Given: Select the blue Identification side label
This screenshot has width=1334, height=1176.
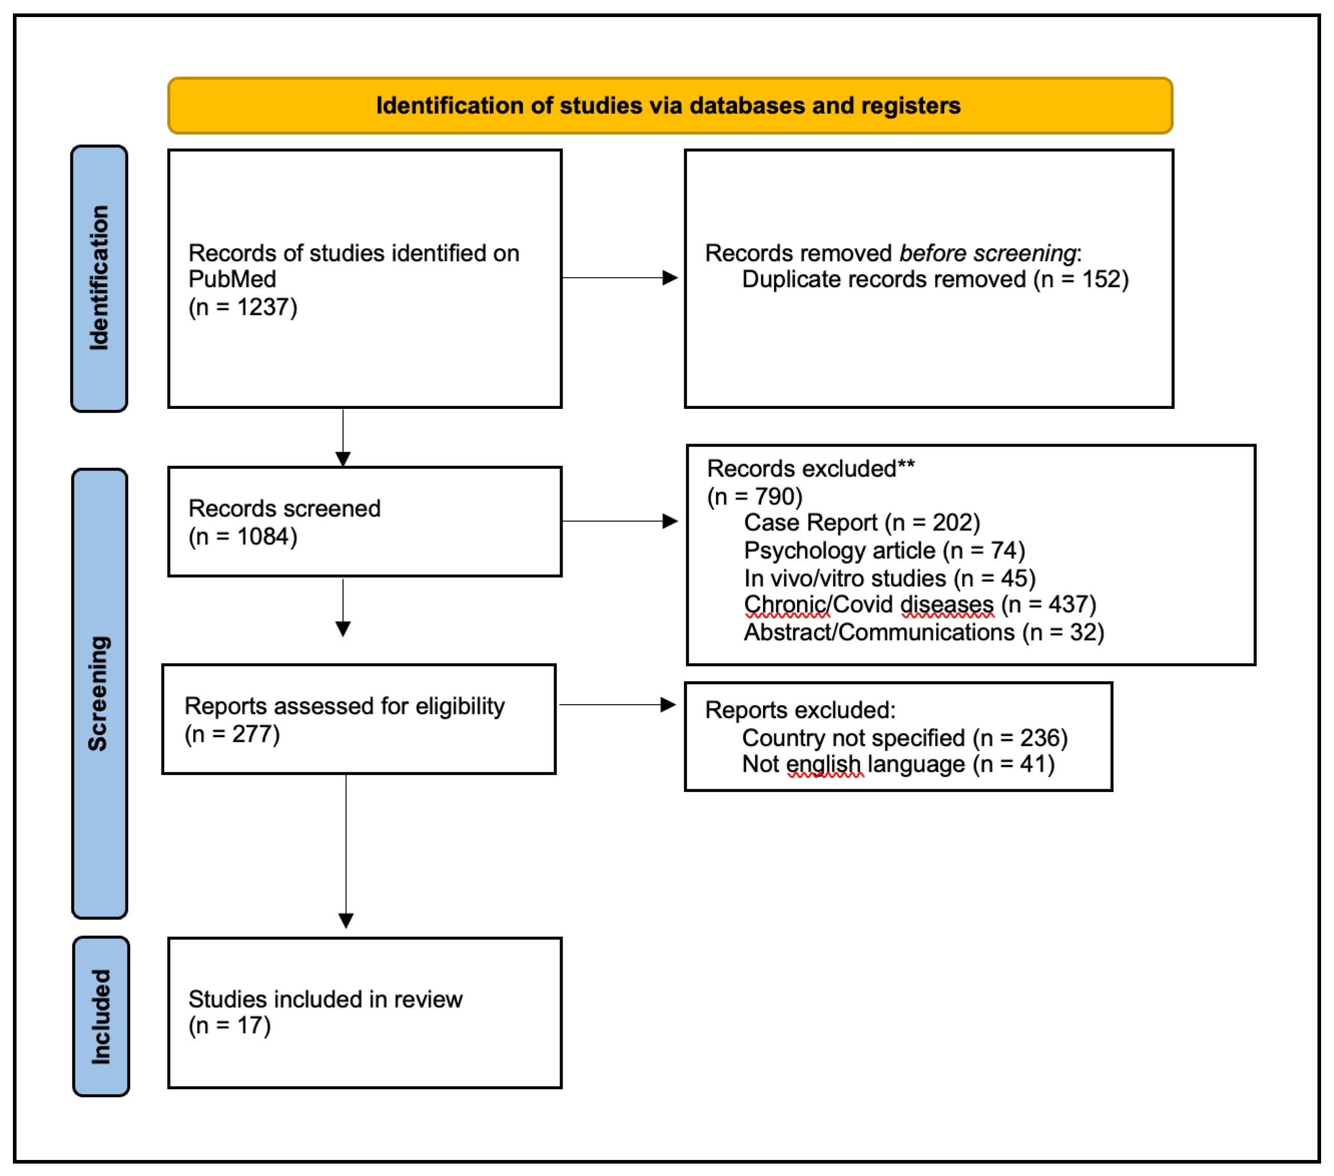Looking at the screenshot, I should (99, 278).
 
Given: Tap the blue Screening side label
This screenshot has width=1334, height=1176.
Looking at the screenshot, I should (99, 694).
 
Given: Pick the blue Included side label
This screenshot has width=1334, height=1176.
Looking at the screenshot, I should (101, 1017).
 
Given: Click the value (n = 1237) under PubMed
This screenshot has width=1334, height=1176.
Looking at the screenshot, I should (243, 307).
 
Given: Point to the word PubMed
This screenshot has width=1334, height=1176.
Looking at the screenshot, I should (232, 280).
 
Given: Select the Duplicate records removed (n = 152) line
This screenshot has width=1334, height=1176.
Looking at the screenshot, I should (935, 280).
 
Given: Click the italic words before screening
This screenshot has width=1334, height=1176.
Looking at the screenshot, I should (987, 253).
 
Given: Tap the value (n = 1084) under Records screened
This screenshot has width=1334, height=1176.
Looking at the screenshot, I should (243, 537).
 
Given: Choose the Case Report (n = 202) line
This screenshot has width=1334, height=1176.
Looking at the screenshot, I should (861, 523).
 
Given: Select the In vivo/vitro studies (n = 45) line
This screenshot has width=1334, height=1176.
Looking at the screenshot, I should (889, 578).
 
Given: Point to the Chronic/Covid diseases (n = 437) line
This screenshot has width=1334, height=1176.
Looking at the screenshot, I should (919, 605).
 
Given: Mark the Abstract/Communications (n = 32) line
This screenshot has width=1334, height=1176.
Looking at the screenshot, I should (923, 633).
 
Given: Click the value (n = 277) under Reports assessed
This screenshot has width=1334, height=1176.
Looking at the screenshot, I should (232, 735).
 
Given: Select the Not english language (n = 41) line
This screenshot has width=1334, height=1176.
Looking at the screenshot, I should (897, 765).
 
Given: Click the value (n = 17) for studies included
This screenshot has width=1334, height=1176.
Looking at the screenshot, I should (230, 1026).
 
